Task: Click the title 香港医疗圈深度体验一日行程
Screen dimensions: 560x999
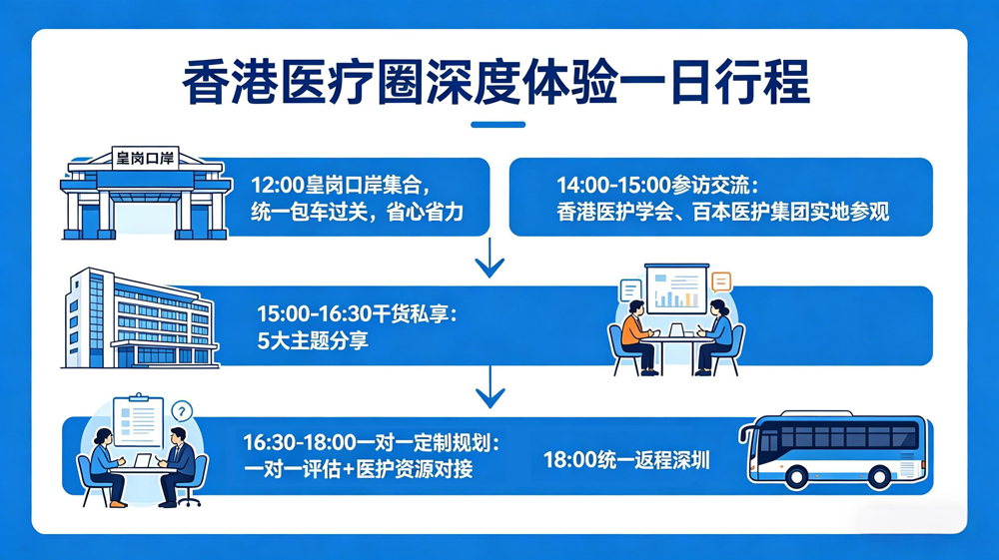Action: [497, 82]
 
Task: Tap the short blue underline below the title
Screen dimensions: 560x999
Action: [497, 125]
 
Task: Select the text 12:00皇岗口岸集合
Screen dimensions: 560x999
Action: [341, 186]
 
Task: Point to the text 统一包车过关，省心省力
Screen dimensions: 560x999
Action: [357, 213]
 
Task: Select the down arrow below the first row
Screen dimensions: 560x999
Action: [490, 263]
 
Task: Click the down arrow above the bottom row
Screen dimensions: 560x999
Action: [490, 391]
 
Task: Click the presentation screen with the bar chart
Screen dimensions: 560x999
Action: [676, 287]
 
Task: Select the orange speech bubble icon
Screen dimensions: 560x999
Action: [720, 282]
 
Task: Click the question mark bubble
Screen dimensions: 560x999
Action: [181, 410]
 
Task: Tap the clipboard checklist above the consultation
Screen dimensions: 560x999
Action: [138, 421]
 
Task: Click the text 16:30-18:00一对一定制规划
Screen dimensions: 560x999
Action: [370, 441]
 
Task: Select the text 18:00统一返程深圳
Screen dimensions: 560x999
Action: [626, 460]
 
